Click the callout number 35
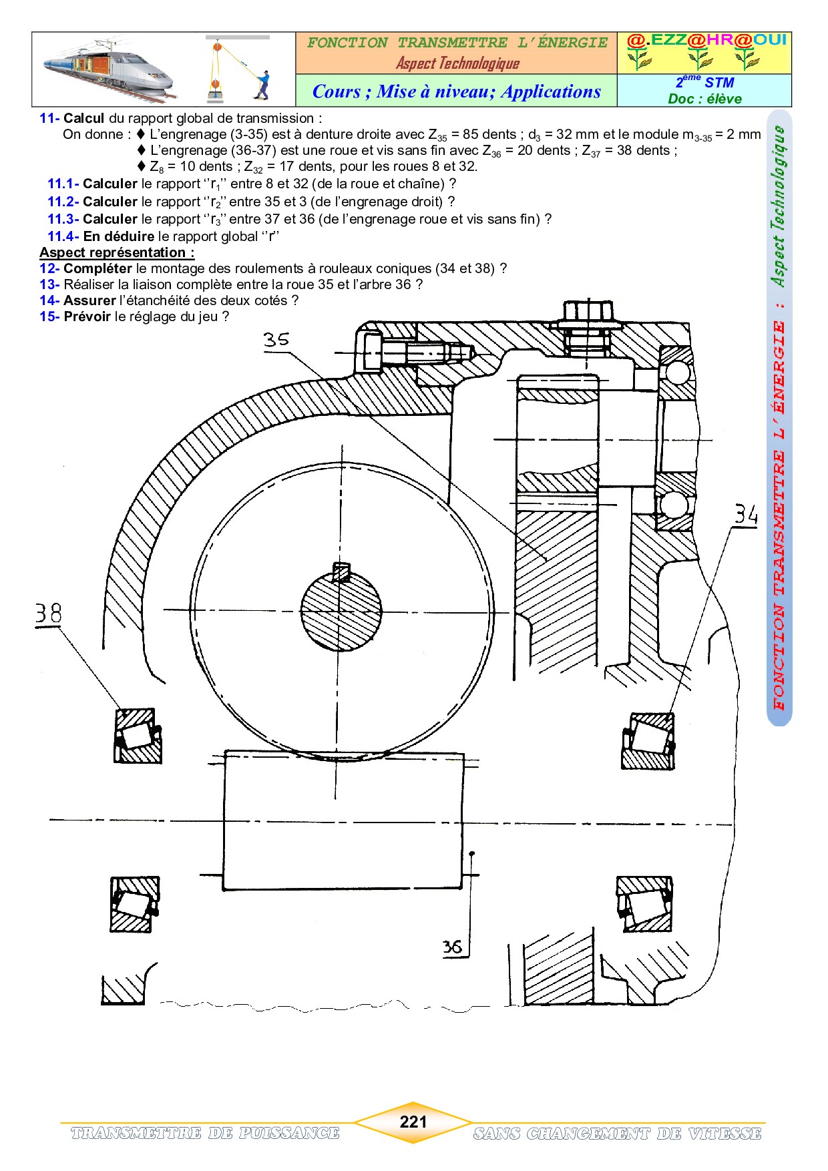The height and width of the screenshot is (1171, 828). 276,340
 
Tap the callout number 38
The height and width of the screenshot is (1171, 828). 48,614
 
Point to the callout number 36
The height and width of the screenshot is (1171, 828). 452,947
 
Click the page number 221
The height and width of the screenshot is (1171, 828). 413,1122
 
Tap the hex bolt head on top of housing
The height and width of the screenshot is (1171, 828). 588,312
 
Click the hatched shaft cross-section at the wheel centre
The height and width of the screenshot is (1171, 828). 341,610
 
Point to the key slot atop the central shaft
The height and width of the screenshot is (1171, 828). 341,571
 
